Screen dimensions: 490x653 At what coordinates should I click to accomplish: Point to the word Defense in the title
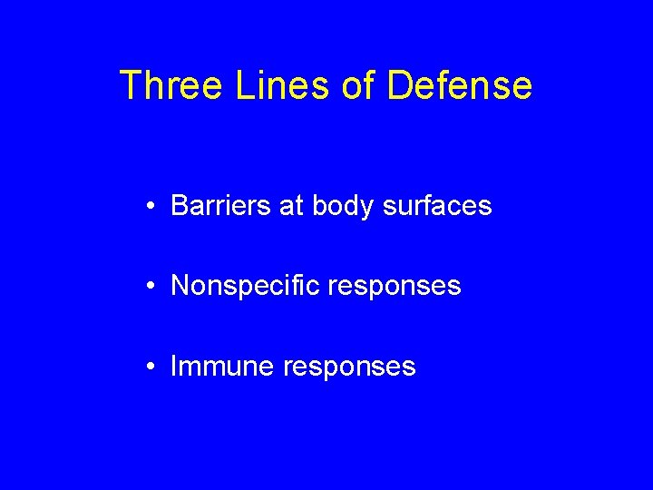459,86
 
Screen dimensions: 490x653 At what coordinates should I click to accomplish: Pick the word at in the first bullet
292,207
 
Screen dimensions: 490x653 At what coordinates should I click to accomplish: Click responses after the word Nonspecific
395,288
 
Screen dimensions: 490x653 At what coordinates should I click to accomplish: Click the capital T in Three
131,86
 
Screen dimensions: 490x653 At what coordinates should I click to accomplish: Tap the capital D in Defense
400,86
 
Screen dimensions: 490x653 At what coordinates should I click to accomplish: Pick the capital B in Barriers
179,207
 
